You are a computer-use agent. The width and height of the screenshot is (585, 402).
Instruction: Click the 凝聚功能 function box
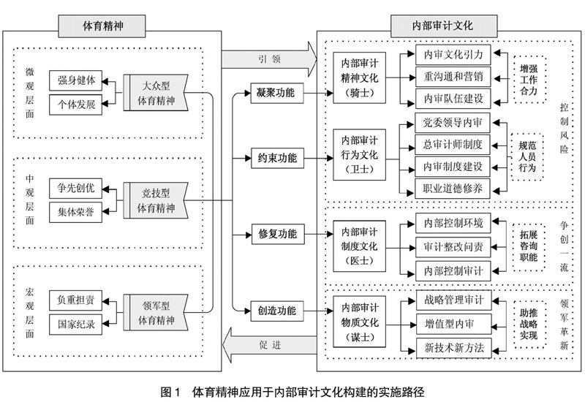tap(277, 94)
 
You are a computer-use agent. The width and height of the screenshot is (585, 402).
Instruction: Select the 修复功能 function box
tap(277, 235)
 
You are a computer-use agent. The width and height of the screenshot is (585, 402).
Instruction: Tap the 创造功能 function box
tap(277, 311)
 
